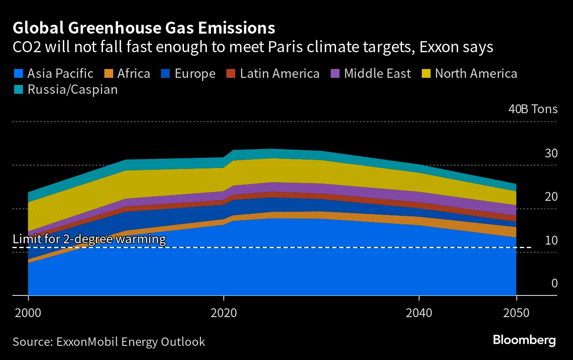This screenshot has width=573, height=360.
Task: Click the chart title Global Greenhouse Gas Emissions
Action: [144, 28]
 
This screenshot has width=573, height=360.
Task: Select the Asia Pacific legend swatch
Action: [19, 73]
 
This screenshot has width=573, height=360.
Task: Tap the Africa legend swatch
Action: [108, 73]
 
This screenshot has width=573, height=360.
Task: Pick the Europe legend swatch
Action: [166, 73]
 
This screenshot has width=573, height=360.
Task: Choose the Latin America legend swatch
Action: [231, 73]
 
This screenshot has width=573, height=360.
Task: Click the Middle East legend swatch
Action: [335, 73]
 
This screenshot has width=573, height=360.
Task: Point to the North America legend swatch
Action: [426, 73]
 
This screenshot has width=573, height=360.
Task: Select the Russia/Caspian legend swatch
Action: [19, 90]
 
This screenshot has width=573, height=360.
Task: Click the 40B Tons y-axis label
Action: [533, 109]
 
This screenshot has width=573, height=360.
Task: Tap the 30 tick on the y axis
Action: [551, 153]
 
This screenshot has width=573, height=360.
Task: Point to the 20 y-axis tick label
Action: [551, 196]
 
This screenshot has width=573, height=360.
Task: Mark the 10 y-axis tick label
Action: [551, 240]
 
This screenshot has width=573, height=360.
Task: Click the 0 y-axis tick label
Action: [554, 283]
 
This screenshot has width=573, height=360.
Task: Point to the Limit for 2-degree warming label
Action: [89, 240]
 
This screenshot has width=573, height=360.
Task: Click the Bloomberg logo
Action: [524, 341]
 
